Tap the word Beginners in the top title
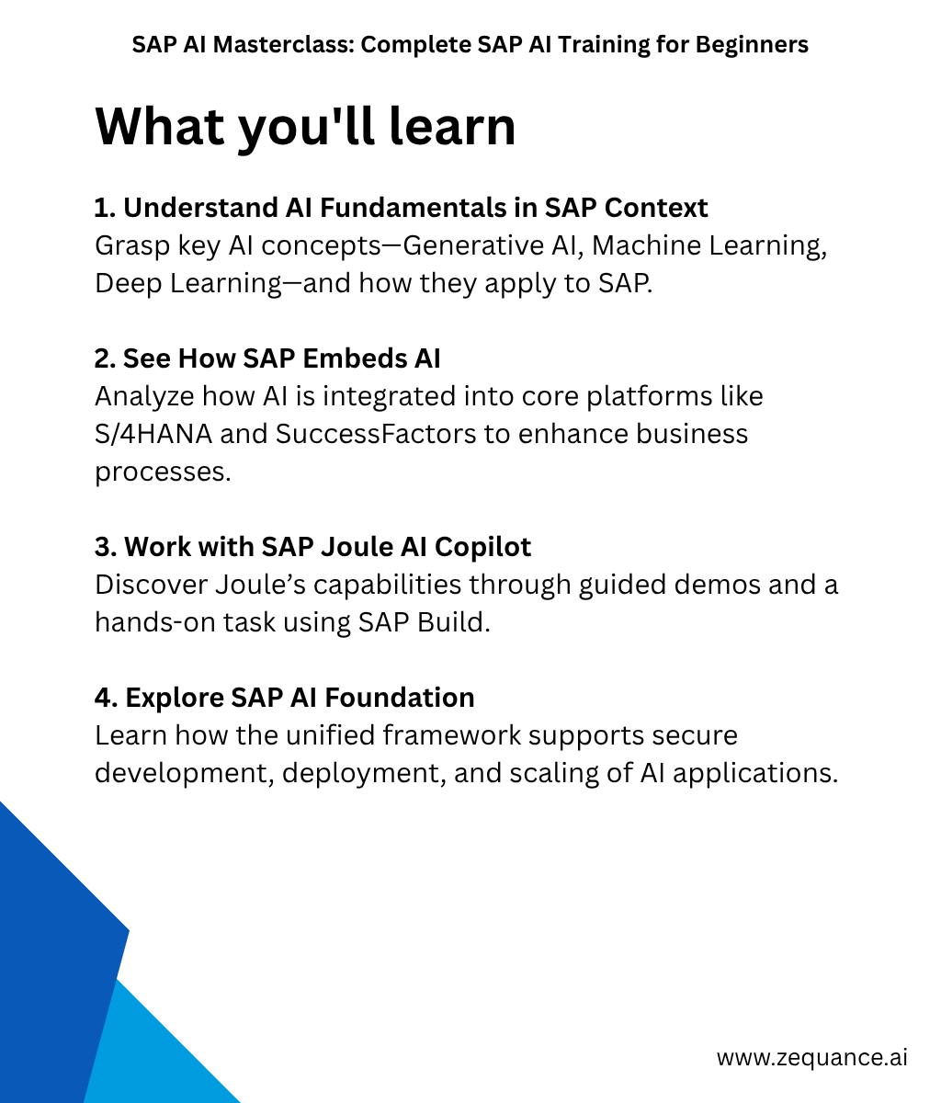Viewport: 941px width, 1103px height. [x=752, y=45]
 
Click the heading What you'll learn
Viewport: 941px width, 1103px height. [x=306, y=128]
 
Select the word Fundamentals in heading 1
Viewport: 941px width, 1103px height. [x=413, y=208]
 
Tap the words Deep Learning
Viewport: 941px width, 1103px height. [x=187, y=283]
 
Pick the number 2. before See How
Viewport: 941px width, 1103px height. [x=105, y=358]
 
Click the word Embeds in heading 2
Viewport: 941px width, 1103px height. [x=353, y=358]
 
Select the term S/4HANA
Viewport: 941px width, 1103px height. [x=153, y=434]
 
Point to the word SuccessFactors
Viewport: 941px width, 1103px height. [x=376, y=434]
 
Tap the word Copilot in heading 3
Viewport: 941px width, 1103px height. [x=482, y=547]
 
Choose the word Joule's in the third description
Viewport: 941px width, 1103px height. [x=260, y=585]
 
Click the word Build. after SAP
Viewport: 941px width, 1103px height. [x=453, y=622]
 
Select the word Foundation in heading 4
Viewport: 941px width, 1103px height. [x=400, y=698]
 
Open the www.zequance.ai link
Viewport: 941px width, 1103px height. [x=812, y=1057]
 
